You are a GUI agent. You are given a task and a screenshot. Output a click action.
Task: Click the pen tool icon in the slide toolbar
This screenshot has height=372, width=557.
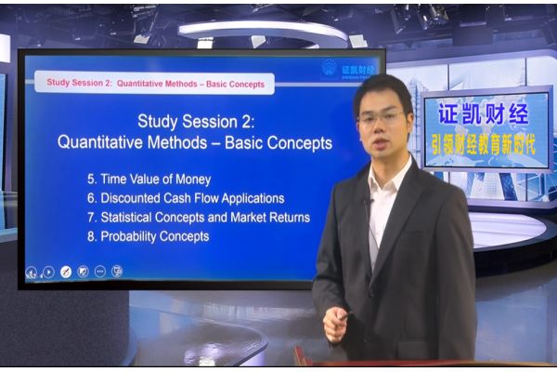[65, 272]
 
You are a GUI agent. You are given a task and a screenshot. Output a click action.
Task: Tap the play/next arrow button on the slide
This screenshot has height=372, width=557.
[48, 272]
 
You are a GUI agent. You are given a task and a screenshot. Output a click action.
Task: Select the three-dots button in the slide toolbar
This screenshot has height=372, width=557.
[100, 272]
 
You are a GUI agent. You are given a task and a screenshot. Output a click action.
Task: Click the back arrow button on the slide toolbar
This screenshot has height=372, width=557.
[32, 272]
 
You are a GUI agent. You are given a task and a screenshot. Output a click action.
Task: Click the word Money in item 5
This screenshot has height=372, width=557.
[193, 179]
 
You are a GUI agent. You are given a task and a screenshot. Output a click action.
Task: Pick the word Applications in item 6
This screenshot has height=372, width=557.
[253, 199]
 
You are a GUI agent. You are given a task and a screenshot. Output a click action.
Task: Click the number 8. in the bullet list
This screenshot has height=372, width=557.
[92, 237]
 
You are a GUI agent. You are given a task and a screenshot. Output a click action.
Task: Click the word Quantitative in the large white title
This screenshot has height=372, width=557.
[100, 142]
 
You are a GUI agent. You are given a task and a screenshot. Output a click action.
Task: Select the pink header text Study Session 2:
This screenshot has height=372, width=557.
[79, 83]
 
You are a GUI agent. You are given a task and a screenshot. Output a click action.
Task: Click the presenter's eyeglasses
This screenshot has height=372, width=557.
[382, 117]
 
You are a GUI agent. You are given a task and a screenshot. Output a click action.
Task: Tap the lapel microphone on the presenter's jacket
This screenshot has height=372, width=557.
[367, 202]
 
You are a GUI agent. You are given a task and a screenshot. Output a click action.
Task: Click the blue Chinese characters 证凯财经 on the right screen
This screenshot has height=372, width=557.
[484, 113]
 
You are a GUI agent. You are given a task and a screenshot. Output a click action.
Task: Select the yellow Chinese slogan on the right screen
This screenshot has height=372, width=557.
[484, 144]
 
